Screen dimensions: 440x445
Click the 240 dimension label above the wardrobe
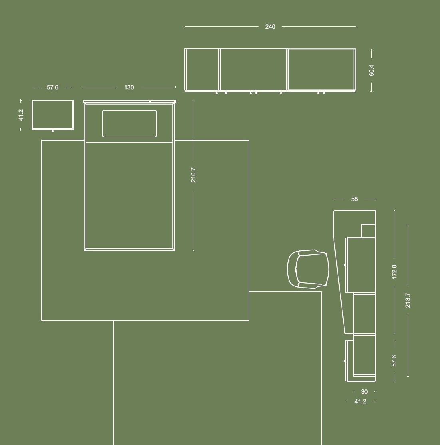click(x=270, y=27)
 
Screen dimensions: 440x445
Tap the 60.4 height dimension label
click(x=371, y=70)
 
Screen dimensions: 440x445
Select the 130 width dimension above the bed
click(x=129, y=87)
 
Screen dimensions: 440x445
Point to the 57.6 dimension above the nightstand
click(x=52, y=87)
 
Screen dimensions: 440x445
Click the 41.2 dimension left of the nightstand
click(x=21, y=115)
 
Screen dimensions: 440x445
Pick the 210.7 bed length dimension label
click(x=193, y=175)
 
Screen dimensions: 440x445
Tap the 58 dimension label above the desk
click(x=354, y=199)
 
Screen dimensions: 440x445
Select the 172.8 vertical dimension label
click(x=394, y=272)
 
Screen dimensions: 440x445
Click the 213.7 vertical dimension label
click(x=408, y=300)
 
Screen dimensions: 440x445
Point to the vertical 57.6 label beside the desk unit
click(x=394, y=360)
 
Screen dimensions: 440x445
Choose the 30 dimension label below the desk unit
click(x=364, y=392)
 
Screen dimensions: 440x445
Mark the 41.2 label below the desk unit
click(x=360, y=401)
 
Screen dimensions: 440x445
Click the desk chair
click(x=308, y=269)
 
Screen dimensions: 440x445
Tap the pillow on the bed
click(x=129, y=124)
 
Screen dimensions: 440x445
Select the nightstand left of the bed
click(x=52, y=115)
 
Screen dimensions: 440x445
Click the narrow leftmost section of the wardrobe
click(x=202, y=70)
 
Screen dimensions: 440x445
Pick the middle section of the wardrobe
click(x=253, y=70)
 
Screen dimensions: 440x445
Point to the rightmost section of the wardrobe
click(x=321, y=70)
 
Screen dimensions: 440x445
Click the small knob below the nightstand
click(x=52, y=131)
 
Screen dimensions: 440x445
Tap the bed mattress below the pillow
click(x=129, y=195)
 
